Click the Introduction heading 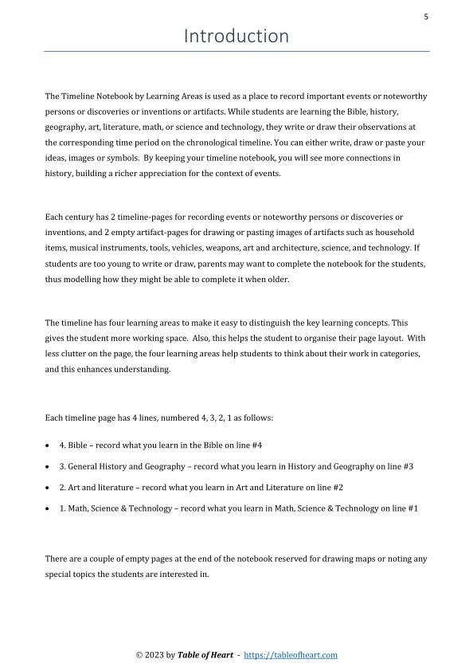click(x=236, y=36)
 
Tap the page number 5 click(x=426, y=16)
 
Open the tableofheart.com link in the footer click(x=290, y=655)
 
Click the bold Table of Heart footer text click(x=205, y=655)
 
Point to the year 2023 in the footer click(x=154, y=655)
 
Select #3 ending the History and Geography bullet click(x=408, y=466)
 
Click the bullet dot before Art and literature click(x=49, y=488)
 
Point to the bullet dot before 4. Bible click(x=49, y=445)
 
